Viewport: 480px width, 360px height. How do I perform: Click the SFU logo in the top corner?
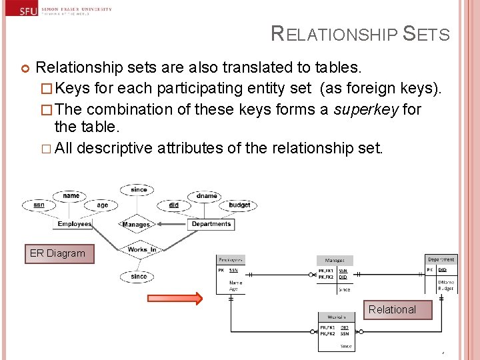29,11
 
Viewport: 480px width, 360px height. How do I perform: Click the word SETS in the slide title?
427,35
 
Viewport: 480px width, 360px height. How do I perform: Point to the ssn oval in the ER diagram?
39,205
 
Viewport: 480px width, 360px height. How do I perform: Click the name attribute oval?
71,196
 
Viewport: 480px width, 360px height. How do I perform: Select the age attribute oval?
102,205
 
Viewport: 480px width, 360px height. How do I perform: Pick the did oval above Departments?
173,205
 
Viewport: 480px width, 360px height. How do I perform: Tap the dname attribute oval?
207,196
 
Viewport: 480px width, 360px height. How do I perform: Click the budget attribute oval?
239,205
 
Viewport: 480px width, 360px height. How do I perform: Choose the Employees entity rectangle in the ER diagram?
74,224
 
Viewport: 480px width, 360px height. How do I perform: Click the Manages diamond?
136,225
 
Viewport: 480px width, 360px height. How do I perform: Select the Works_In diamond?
142,250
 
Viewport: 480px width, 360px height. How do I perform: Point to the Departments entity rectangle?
211,224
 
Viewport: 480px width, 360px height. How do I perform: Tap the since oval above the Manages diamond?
139,190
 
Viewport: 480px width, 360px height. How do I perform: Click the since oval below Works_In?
138,276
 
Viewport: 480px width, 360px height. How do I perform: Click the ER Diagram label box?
59,254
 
